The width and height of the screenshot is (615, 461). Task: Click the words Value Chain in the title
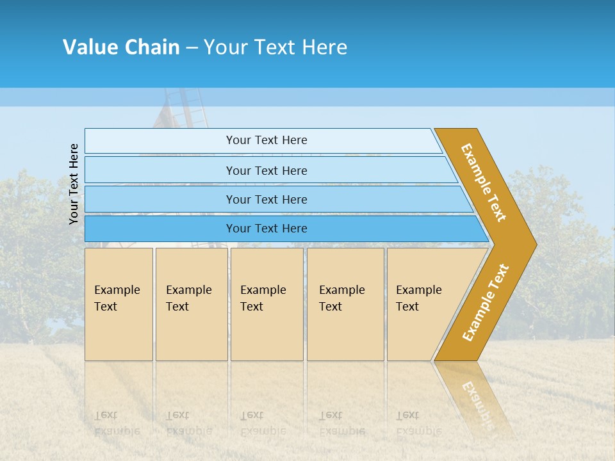tap(121, 47)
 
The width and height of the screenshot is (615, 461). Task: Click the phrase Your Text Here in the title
tap(275, 47)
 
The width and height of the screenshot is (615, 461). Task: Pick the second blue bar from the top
tap(266, 170)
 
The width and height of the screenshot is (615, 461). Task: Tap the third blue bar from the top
tap(266, 199)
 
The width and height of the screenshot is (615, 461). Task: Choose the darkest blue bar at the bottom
tap(266, 229)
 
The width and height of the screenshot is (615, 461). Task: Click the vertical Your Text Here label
tap(74, 184)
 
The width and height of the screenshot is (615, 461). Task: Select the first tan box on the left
tap(119, 303)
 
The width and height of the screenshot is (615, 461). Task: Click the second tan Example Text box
tap(191, 303)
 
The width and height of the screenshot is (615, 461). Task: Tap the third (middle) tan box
tap(266, 303)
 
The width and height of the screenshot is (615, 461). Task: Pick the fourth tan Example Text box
tap(345, 303)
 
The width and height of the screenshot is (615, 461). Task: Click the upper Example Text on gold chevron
tap(484, 182)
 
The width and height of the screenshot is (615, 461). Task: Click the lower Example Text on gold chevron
tap(486, 302)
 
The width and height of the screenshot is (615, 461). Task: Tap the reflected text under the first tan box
tap(117, 423)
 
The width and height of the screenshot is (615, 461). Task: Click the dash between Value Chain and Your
tap(192, 48)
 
